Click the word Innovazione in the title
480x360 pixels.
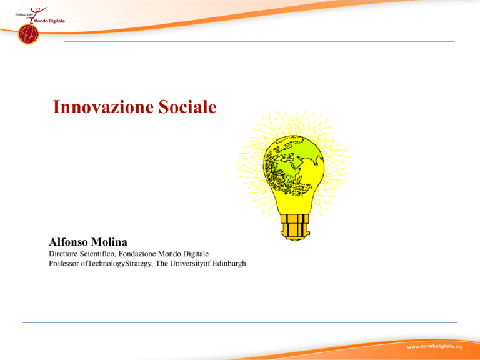pyautogui.click(x=103, y=107)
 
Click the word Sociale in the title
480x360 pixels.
pyautogui.click(x=187, y=107)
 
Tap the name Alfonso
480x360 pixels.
pyautogui.click(x=69, y=242)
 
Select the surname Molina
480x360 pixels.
pyautogui.click(x=109, y=242)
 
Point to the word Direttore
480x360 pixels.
pyautogui.click(x=63, y=254)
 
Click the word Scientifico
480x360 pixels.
pyautogui.click(x=97, y=254)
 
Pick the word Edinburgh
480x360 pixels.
pyautogui.click(x=229, y=264)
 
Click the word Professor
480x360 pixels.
pyautogui.click(x=64, y=264)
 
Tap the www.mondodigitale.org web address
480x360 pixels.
pyautogui.click(x=435, y=346)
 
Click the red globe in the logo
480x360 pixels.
pyautogui.click(x=29, y=34)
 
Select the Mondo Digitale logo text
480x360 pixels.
pyautogui.click(x=49, y=21)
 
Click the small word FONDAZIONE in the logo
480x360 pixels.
pyautogui.click(x=24, y=14)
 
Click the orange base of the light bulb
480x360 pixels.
pyautogui.click(x=295, y=227)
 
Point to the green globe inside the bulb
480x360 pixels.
pyautogui.click(x=293, y=165)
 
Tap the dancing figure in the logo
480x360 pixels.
pyautogui.click(x=36, y=14)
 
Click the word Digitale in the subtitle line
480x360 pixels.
pyautogui.click(x=196, y=254)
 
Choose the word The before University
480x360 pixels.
pyautogui.click(x=162, y=264)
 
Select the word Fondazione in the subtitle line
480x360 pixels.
pyautogui.click(x=137, y=254)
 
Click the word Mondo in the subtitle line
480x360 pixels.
pyautogui.click(x=169, y=254)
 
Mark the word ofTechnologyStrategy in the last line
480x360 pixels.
pyautogui.click(x=117, y=264)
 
